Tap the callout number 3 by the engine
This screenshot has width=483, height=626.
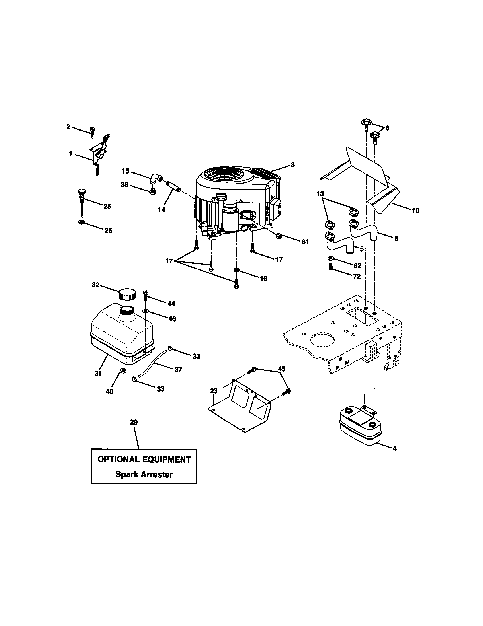click(292, 165)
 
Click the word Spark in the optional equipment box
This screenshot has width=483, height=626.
click(126, 474)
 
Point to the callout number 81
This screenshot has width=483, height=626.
click(305, 242)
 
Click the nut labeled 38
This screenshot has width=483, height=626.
click(153, 191)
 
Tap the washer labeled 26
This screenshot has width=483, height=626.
click(82, 222)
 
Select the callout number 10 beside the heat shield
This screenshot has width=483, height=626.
click(415, 211)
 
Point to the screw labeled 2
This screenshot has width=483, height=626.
click(92, 131)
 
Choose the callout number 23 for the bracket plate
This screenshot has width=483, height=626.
click(214, 391)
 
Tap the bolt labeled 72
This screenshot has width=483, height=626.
click(331, 268)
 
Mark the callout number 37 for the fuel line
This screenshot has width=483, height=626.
click(178, 369)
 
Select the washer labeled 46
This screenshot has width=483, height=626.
click(146, 311)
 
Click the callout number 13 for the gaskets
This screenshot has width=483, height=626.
click(320, 194)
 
